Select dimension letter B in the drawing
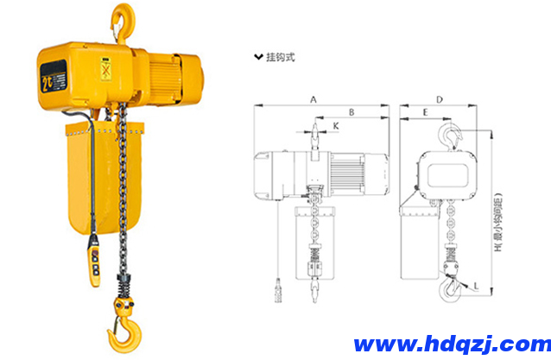coord(351,112)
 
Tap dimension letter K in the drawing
coord(336,126)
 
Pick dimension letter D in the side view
coord(439,100)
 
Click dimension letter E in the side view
coord(425,113)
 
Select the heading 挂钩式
coord(281,58)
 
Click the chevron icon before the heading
coord(257,58)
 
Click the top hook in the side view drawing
coord(449,136)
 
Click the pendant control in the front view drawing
coord(277,289)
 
